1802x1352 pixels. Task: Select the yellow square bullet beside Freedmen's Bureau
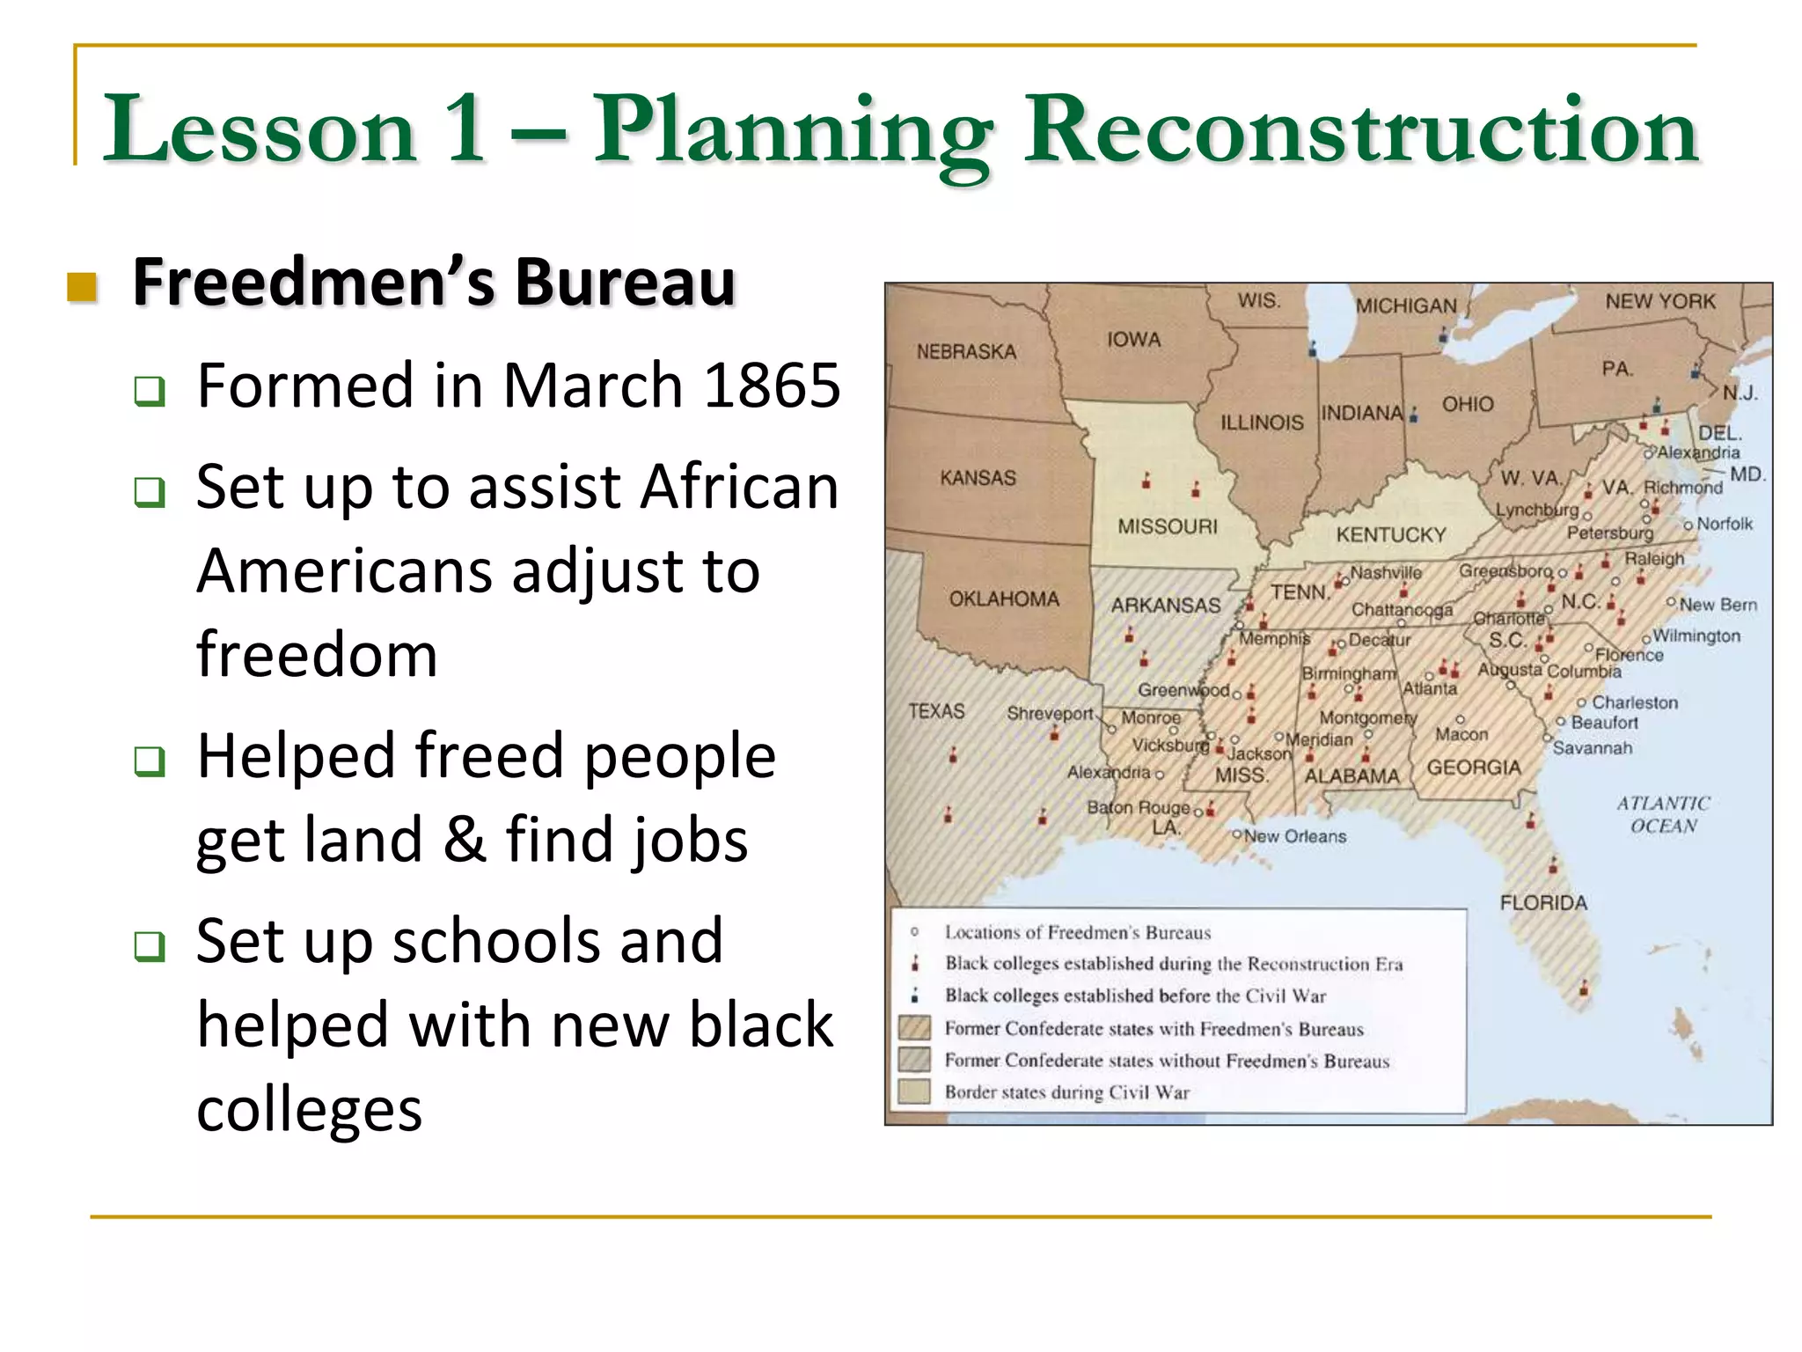[82, 286]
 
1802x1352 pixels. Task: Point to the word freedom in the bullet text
[317, 655]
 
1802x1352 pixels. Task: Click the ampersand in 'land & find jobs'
[465, 840]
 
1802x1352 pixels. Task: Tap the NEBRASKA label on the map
[966, 351]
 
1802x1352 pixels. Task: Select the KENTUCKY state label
[1390, 534]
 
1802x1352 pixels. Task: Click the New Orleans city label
[1294, 836]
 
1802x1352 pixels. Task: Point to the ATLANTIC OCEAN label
[1662, 814]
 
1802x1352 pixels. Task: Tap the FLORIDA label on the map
[1543, 902]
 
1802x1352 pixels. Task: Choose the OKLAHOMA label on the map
[1003, 599]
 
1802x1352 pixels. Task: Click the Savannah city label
[1592, 748]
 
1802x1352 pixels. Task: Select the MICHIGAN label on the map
[1406, 305]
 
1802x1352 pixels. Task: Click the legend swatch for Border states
[914, 1091]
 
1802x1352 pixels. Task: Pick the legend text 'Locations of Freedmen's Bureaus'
[1077, 932]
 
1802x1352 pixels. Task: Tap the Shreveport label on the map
[1049, 713]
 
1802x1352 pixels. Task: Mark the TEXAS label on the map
[936, 710]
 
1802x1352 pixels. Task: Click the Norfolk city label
[1724, 524]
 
